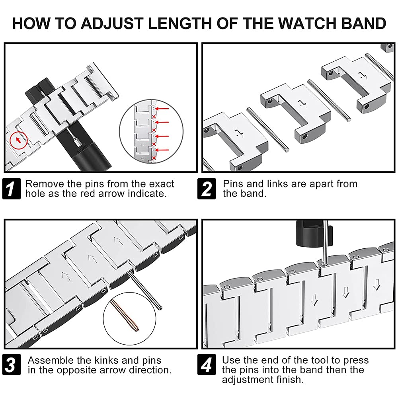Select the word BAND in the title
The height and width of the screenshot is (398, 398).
(365, 23)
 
